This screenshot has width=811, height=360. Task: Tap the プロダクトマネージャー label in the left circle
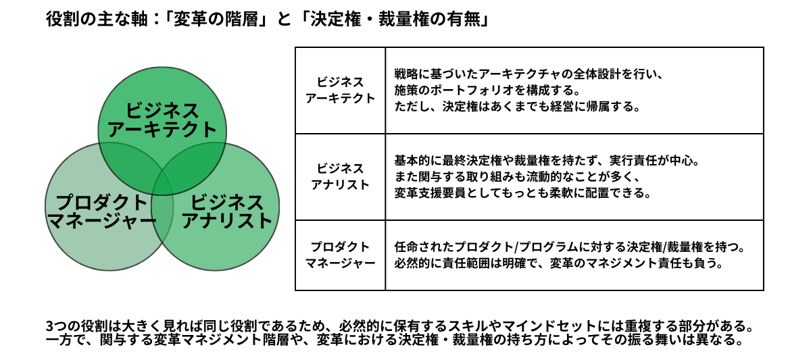pos(101,211)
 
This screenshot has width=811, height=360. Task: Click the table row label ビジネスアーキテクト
pos(340,90)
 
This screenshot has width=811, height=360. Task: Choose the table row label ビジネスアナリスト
pos(340,176)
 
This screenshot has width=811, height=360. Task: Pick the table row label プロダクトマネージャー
pos(340,255)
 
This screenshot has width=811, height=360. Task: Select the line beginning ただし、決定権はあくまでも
pos(516,107)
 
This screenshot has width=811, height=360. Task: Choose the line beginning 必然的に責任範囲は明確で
pos(558,263)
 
